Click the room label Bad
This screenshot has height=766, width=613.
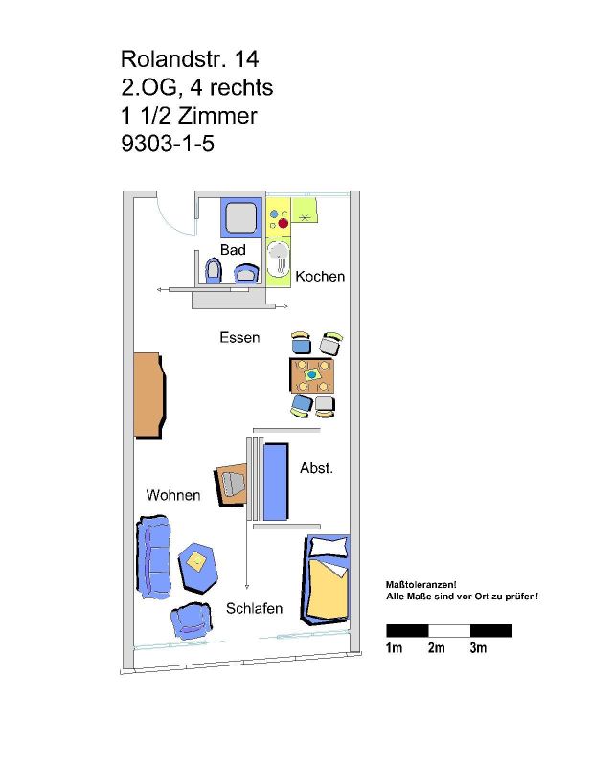tap(233, 250)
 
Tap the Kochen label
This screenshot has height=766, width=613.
tap(320, 276)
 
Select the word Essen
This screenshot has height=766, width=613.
tap(239, 338)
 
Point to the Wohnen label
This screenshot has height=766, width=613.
tap(173, 495)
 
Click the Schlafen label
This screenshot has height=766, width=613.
tap(254, 608)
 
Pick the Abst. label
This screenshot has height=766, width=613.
tap(316, 468)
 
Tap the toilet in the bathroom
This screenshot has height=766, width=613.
tap(214, 270)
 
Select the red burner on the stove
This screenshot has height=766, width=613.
tap(284, 224)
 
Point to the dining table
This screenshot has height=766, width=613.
tap(312, 375)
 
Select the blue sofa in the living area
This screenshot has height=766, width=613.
tap(154, 557)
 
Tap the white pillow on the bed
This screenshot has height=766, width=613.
tap(329, 547)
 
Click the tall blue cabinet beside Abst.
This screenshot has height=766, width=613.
tap(276, 482)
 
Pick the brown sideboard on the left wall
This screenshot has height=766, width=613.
tap(148, 394)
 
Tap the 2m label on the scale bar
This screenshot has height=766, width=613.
tap(437, 648)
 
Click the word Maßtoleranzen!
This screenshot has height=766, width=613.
tap(420, 584)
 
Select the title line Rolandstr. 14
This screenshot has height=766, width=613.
tap(190, 59)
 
